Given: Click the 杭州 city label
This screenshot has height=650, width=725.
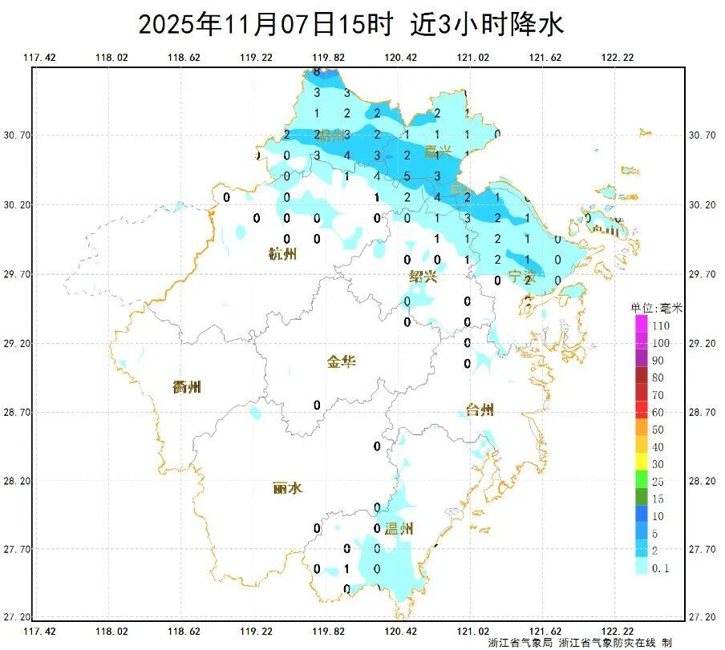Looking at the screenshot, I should (282, 255).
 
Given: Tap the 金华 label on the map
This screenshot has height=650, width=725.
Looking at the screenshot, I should (341, 361).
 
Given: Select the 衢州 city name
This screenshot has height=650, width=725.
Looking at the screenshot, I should (187, 387).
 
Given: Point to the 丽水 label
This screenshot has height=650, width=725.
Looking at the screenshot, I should (287, 487).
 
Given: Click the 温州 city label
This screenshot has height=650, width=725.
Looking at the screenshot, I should (399, 528).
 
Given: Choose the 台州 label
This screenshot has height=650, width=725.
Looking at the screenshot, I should (480, 410).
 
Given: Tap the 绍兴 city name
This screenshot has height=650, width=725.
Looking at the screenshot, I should (423, 277).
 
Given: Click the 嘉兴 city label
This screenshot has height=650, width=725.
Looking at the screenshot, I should (439, 151).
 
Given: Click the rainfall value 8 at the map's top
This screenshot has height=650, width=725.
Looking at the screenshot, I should (317, 71).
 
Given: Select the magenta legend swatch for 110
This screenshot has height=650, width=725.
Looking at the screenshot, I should (641, 325).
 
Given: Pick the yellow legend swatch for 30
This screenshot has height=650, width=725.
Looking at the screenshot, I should (641, 464).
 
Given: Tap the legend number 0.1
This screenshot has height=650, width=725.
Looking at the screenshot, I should (660, 568).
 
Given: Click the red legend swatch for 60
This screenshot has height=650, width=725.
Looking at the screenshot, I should (641, 412).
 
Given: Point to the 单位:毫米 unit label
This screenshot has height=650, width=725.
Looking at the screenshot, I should (655, 308).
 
